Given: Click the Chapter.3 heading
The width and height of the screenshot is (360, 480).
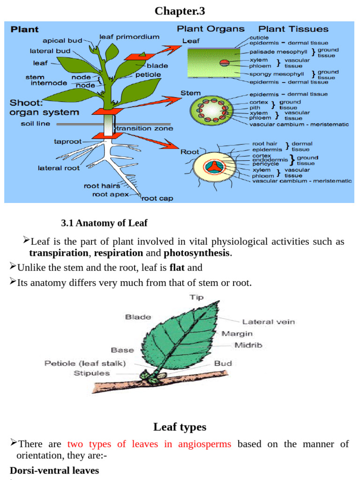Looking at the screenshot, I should click(180, 10).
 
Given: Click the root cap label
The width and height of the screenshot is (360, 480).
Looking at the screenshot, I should click(157, 198).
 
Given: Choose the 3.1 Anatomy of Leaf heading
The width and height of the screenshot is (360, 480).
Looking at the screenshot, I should click(104, 223).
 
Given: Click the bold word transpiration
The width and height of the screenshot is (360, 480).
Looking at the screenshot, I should click(59, 253).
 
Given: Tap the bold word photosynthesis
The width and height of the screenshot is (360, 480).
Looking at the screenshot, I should click(197, 253).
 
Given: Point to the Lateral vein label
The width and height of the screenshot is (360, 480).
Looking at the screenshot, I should click(268, 322).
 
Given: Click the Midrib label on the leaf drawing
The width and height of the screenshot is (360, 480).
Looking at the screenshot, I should click(248, 345).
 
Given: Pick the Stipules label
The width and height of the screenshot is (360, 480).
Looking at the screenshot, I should click(91, 373).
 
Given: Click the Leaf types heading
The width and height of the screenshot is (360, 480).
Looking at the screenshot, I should click(180, 427).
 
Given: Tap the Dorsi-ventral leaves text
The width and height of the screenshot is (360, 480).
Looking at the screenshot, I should click(54, 470).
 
